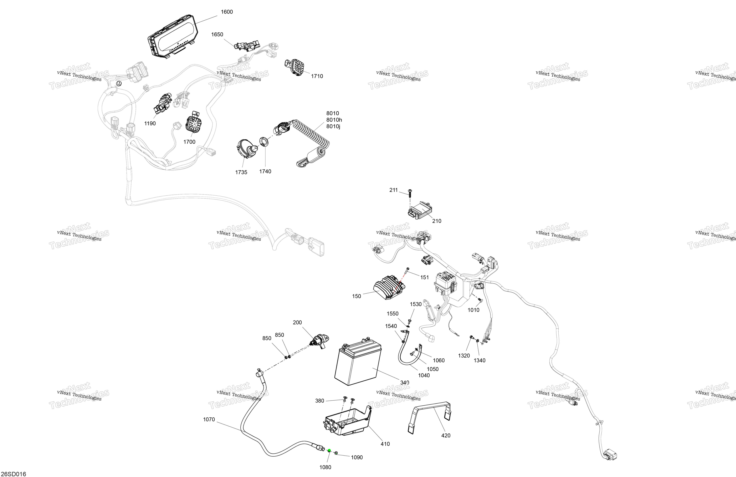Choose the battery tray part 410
click(x=346, y=422)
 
